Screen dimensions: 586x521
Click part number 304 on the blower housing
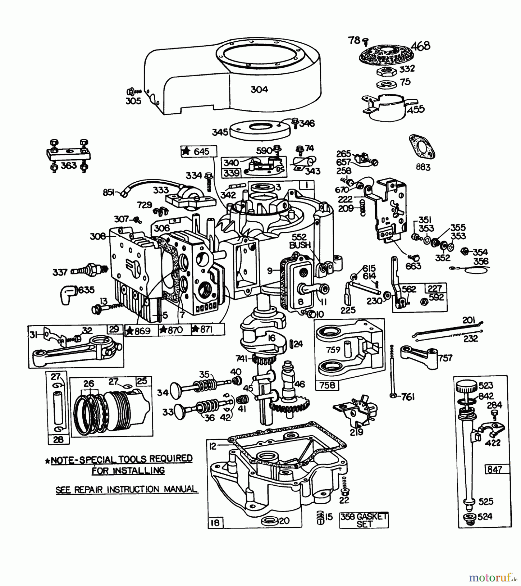point(259,90)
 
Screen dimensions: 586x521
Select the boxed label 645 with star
point(198,151)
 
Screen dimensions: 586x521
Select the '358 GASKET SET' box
point(364,520)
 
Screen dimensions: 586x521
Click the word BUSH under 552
point(300,245)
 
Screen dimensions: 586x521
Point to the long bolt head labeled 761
point(393,396)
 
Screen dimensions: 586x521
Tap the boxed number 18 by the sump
point(215,523)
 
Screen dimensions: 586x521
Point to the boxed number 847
point(494,469)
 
